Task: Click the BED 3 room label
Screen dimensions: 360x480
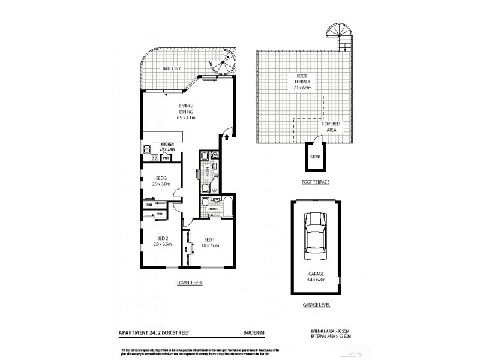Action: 161,182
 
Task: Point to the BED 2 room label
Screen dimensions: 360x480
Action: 161,242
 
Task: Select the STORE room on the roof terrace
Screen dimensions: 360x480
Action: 315,157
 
